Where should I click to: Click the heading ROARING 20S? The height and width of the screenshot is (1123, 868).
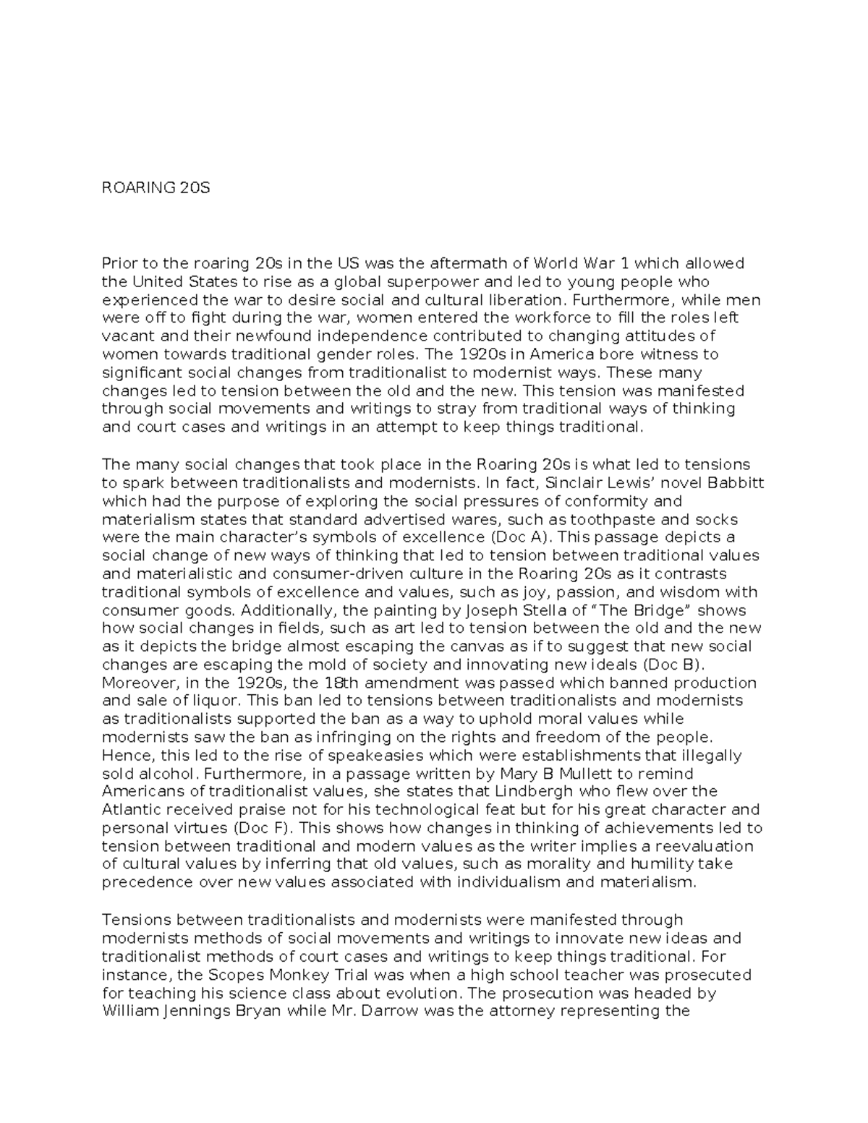point(156,189)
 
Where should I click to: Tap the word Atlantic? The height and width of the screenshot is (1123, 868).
point(130,810)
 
